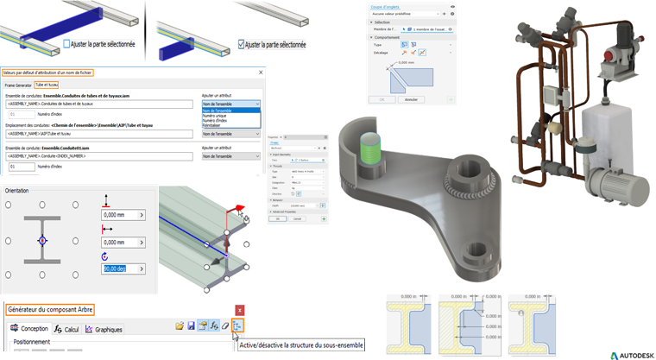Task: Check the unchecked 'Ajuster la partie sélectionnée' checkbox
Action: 67,44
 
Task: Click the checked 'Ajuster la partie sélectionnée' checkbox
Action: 242,44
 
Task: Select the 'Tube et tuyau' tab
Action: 47,85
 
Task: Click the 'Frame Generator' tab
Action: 17,85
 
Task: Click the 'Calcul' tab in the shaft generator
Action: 66,329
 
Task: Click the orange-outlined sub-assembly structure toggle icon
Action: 237,325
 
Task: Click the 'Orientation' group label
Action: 18,190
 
